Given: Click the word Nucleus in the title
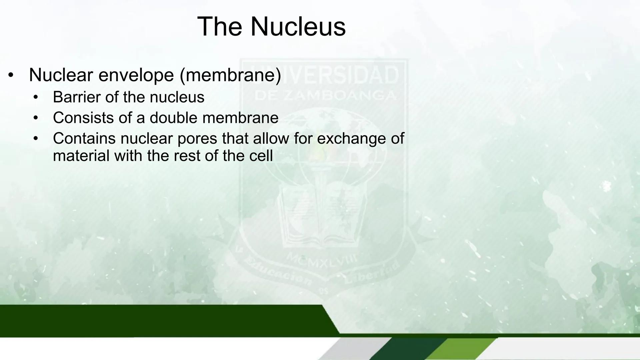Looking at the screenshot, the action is pos(298,27).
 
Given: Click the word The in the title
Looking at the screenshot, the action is pos(220,27).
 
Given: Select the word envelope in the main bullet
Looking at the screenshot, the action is pos(136,75).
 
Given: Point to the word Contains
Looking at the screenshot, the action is pos(84,138).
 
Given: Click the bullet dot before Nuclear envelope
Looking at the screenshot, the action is pos(11,75).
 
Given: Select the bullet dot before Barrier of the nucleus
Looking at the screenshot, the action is pos(36,98).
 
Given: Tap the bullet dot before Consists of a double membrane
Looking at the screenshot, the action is pos(36,118).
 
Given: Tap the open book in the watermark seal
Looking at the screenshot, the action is pos(323,217).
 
